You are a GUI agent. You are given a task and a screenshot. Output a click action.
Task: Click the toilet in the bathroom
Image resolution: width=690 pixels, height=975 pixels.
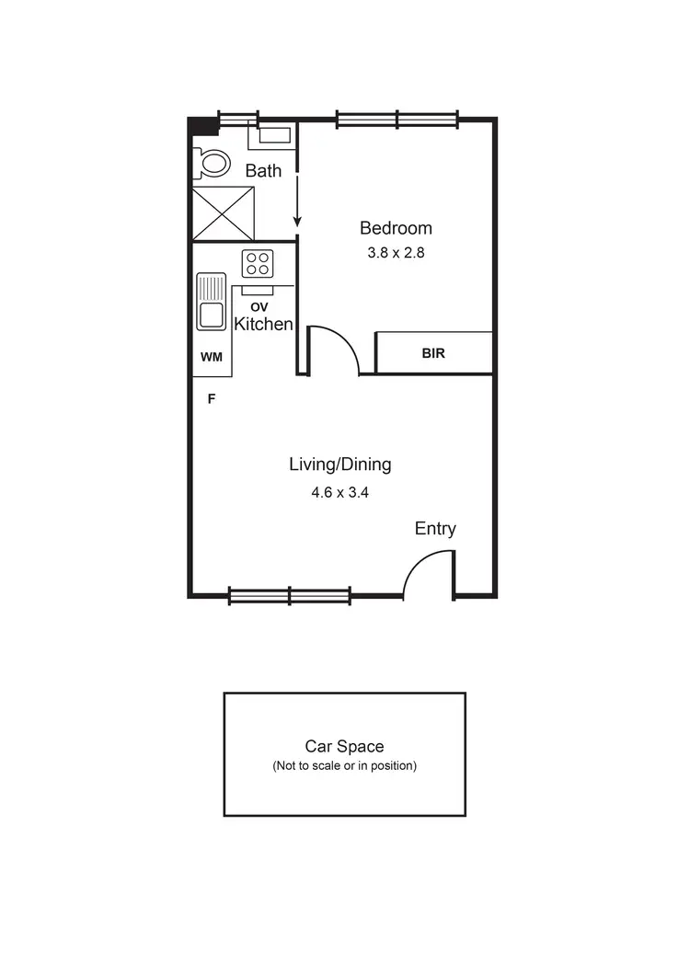[213, 164]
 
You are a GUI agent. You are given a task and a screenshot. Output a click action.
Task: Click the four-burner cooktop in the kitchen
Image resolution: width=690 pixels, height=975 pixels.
[257, 264]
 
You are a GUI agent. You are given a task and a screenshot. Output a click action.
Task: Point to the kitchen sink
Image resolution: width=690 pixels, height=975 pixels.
[212, 302]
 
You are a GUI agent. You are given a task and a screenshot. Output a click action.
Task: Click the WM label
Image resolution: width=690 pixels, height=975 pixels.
[211, 356]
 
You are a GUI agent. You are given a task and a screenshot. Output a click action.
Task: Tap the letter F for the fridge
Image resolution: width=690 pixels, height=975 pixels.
[212, 399]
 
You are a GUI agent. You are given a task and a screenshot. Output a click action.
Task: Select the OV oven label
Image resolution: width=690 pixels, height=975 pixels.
[259, 306]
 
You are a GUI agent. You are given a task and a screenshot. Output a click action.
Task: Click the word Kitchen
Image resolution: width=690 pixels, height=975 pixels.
[263, 324]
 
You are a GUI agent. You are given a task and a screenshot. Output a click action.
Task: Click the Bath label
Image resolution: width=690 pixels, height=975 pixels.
[263, 171]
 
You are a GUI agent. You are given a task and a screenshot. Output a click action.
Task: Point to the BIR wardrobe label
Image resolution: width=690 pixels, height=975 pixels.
[434, 353]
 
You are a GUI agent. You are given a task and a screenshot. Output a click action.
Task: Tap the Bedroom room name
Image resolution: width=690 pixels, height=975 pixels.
[396, 228]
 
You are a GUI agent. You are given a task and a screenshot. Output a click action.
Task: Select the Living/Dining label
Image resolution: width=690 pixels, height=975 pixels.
[339, 465]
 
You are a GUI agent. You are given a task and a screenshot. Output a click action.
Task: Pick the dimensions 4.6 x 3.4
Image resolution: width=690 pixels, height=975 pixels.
[339, 492]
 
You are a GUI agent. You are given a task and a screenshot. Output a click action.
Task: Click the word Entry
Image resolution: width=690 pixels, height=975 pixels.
[435, 529]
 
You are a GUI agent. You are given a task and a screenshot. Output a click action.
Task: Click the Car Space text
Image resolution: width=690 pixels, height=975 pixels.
[344, 747]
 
